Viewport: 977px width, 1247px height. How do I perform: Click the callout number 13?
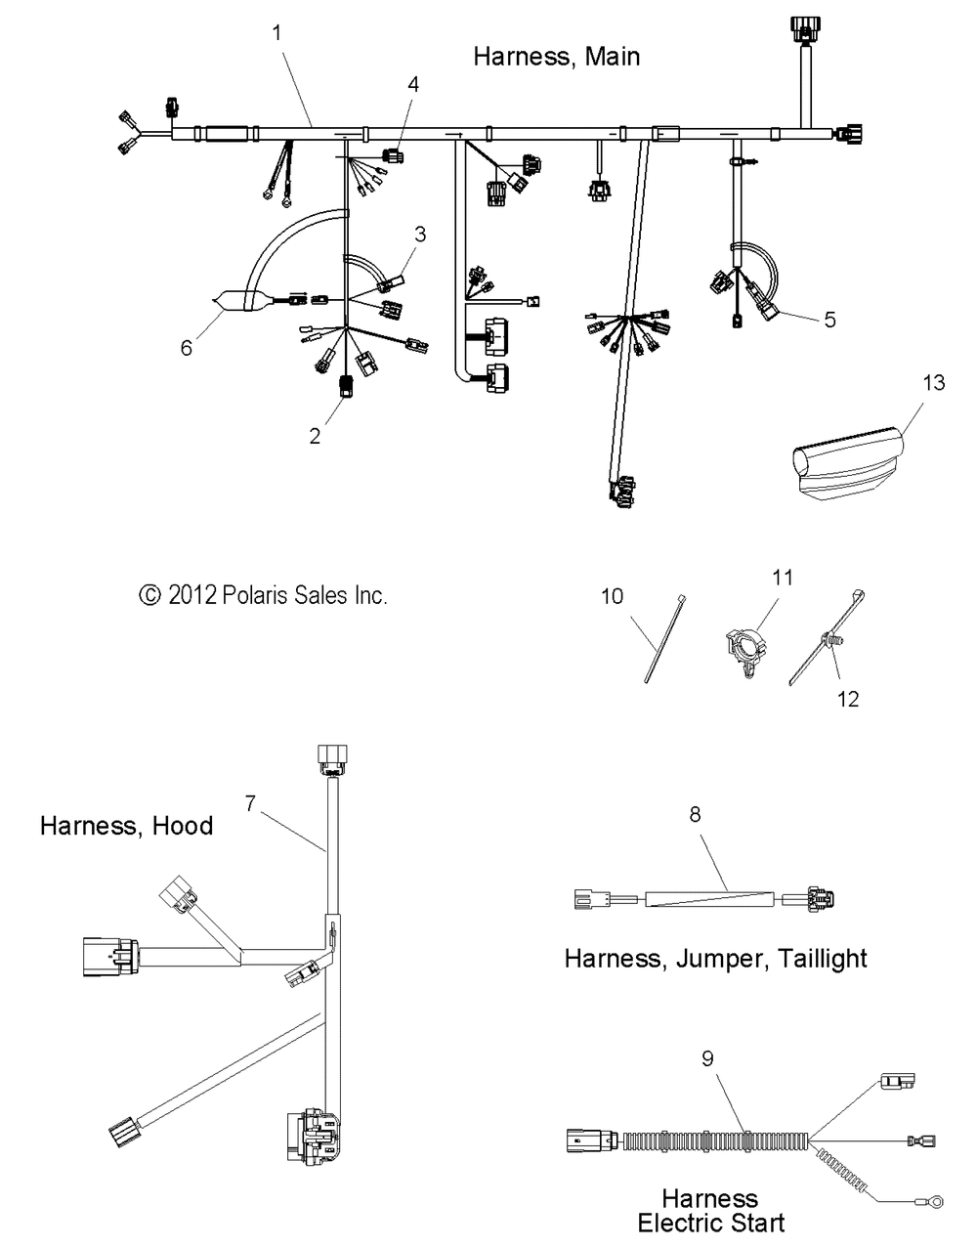click(x=934, y=382)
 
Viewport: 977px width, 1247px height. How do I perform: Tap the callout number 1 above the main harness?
click(x=276, y=33)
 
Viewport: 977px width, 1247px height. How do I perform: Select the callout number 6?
click(x=187, y=347)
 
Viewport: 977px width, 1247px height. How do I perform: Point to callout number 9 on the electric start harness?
click(x=707, y=1057)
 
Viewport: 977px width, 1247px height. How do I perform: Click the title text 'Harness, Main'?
click(x=556, y=57)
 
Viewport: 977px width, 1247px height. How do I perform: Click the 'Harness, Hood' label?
click(x=126, y=826)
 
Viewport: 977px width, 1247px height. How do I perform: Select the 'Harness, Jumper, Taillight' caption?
click(x=715, y=958)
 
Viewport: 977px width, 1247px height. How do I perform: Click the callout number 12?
click(x=849, y=699)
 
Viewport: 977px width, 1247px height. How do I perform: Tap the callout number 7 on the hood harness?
click(x=251, y=804)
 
